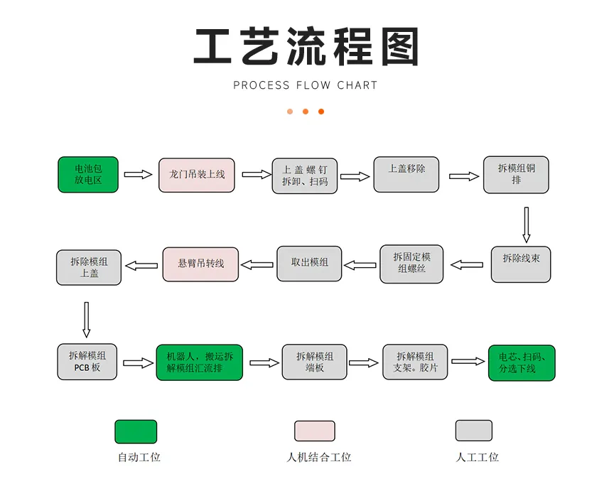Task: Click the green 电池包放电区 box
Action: pyautogui.click(x=88, y=175)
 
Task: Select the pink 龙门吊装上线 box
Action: pyautogui.click(x=197, y=175)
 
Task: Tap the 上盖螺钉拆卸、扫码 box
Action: pyautogui.click(x=305, y=176)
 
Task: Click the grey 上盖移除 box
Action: pyautogui.click(x=406, y=175)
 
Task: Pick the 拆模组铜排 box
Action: pyautogui.click(x=516, y=175)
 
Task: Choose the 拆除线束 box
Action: pyautogui.click(x=521, y=264)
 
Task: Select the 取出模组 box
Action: pyautogui.click(x=309, y=264)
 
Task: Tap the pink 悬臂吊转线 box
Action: pyautogui.click(x=201, y=264)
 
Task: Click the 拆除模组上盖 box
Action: pyautogui.click(x=89, y=267)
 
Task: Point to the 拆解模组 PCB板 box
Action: pyautogui.click(x=87, y=362)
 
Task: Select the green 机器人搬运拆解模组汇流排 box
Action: pyautogui.click(x=200, y=362)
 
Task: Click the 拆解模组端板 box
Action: pyautogui.click(x=315, y=362)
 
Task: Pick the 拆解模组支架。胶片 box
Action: pyautogui.click(x=416, y=362)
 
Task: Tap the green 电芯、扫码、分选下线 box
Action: pyautogui.click(x=522, y=362)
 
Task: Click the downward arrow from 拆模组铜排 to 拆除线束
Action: pyautogui.click(x=526, y=225)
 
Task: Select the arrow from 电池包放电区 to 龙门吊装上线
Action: pyautogui.click(x=139, y=175)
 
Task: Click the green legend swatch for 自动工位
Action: pyautogui.click(x=136, y=431)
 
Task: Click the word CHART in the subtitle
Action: pyautogui.click(x=357, y=85)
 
